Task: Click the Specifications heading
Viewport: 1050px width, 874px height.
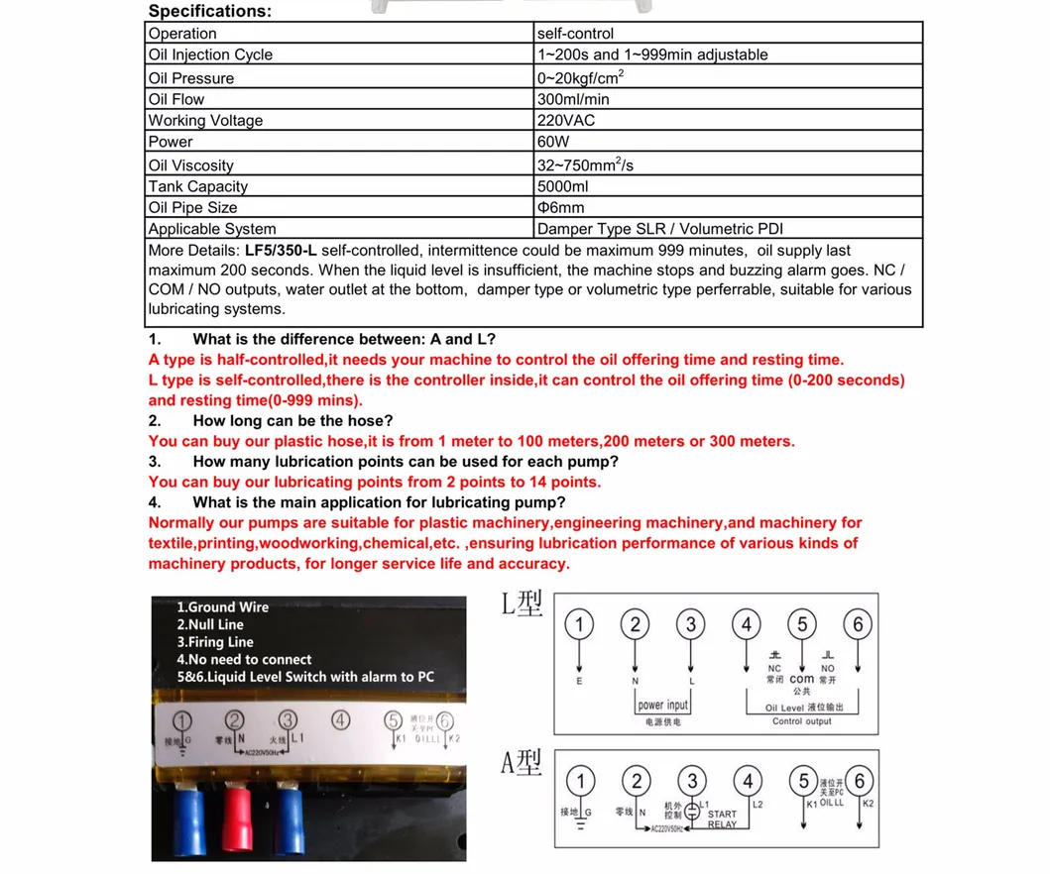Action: pyautogui.click(x=209, y=12)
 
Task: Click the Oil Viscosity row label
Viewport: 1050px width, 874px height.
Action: pyautogui.click(x=191, y=165)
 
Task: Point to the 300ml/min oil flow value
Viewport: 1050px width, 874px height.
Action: pyautogui.click(x=573, y=99)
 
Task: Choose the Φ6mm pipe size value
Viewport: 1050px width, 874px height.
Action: pyautogui.click(x=560, y=207)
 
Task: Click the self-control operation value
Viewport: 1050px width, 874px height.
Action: pyautogui.click(x=575, y=34)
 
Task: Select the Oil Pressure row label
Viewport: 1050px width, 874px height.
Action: pyautogui.click(x=191, y=77)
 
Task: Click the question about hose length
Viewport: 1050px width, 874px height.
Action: pyautogui.click(x=292, y=421)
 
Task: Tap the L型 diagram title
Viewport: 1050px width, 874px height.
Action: pyautogui.click(x=523, y=603)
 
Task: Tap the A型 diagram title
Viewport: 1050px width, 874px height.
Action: pyautogui.click(x=523, y=762)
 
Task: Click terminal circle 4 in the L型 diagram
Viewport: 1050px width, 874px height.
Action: pyautogui.click(x=746, y=624)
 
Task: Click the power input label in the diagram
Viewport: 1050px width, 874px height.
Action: pyautogui.click(x=663, y=706)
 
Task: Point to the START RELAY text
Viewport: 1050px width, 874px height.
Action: pyautogui.click(x=722, y=819)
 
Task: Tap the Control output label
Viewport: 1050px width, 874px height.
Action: pyautogui.click(x=801, y=721)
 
